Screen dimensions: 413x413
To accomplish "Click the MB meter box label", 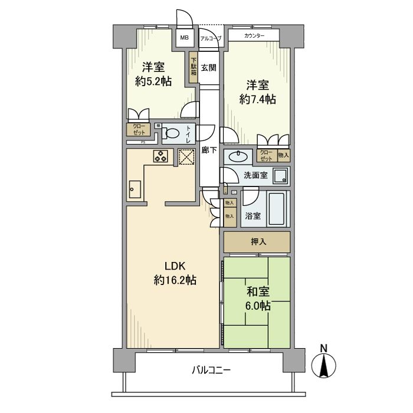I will tap(185, 38).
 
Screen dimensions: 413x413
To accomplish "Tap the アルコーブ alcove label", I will tap(211, 38).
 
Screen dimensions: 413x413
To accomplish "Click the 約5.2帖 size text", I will tap(153, 81).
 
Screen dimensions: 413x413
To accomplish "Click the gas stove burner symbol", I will tap(160, 156).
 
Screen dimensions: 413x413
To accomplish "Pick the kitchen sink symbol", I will tap(133, 190).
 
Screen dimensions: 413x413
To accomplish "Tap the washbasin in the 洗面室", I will tap(239, 156).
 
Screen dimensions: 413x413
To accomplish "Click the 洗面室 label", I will tap(255, 175).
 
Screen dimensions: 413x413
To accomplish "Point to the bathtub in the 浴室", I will tap(277, 208).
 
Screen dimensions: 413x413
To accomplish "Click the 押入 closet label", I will tap(257, 242).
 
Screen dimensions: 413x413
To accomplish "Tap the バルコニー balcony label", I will tap(211, 371).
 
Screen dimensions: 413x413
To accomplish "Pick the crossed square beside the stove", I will tap(186, 156).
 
